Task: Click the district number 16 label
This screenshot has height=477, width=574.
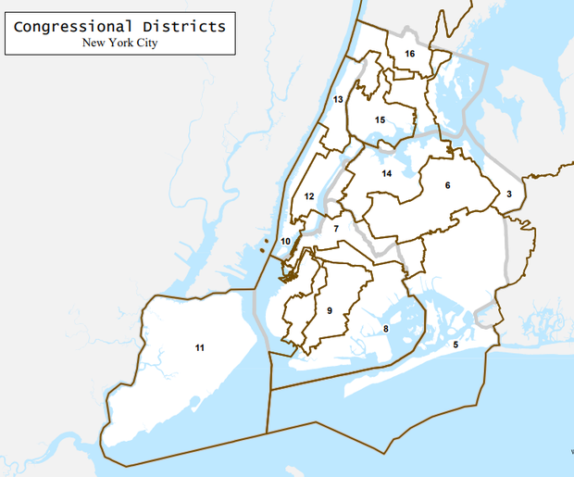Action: click(x=409, y=54)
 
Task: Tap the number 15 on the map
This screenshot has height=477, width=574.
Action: click(x=380, y=120)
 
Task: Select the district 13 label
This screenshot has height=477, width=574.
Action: click(x=338, y=99)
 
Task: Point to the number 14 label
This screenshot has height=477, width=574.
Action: click(x=387, y=174)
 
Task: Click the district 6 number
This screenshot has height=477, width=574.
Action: click(x=447, y=186)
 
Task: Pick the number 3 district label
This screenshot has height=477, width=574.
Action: click(x=508, y=195)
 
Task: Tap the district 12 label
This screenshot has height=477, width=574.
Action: click(x=309, y=196)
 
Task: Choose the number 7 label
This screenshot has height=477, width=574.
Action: click(x=337, y=229)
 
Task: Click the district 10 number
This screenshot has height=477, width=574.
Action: click(x=286, y=242)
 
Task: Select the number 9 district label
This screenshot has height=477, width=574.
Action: click(x=330, y=310)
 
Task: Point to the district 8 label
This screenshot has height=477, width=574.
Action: click(x=385, y=329)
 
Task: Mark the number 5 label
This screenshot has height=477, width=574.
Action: click(x=455, y=345)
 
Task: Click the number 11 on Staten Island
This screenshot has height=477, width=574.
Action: click(x=199, y=347)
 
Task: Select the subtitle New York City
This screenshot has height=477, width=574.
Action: click(x=119, y=43)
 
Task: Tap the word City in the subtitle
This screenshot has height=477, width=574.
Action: click(x=144, y=43)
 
